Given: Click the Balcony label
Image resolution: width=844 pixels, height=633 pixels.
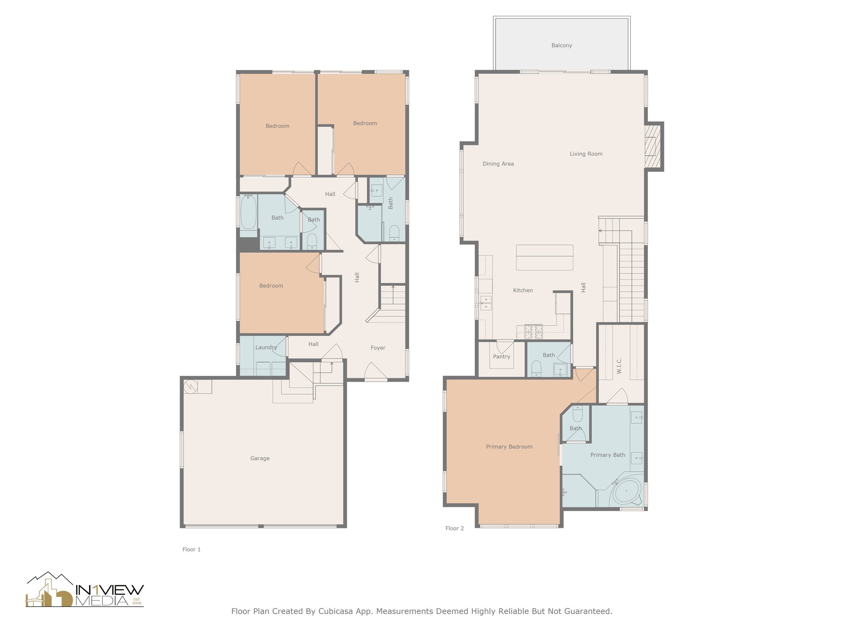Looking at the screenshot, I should click(561, 45).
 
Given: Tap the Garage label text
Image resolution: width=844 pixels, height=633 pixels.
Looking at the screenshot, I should click(260, 458).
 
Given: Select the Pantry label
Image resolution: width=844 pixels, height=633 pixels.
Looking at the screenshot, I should click(501, 356).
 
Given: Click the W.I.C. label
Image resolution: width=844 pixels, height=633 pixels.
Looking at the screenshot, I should click(619, 366).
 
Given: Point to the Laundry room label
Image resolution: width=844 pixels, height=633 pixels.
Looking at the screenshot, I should click(266, 347).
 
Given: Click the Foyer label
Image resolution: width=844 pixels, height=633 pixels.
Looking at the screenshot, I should click(377, 348).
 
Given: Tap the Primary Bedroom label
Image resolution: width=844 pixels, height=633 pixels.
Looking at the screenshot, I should click(509, 447).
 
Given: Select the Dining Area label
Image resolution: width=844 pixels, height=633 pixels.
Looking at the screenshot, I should click(498, 164).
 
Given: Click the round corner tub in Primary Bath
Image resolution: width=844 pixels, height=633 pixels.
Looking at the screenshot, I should click(626, 491).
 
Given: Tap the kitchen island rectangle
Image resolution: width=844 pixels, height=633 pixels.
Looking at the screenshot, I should click(544, 258).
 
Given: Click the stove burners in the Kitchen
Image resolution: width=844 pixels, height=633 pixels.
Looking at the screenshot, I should click(533, 331).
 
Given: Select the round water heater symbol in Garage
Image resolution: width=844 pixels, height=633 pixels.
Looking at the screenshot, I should click(191, 387).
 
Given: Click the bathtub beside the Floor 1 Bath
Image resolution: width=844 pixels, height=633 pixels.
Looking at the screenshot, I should click(248, 212).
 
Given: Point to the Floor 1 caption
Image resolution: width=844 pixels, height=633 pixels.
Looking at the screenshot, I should click(191, 549).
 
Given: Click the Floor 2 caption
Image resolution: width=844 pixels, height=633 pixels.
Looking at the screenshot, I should click(454, 528).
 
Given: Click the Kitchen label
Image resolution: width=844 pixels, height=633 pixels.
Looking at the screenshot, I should click(523, 291).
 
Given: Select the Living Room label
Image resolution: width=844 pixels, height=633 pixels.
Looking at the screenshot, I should click(586, 154).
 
